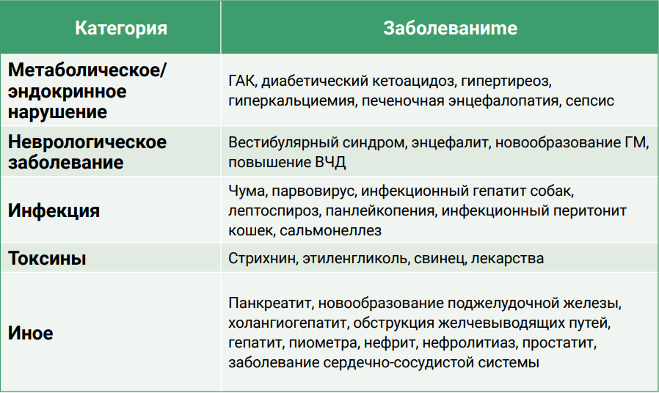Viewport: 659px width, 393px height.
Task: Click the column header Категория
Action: [x=121, y=29]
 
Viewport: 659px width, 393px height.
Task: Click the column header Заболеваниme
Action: [x=450, y=28]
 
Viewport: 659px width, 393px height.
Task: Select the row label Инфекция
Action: [x=54, y=210]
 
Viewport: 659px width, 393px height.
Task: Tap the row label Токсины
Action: [x=47, y=258]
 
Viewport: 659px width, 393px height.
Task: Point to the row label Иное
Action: [x=31, y=333]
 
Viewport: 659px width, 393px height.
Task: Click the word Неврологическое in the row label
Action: [x=87, y=142]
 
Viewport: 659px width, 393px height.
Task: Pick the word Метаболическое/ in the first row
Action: [x=87, y=70]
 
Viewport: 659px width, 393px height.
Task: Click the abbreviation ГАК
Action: [x=241, y=81]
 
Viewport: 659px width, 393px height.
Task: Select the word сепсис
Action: [x=590, y=100]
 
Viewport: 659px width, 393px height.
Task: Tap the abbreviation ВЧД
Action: [x=330, y=163]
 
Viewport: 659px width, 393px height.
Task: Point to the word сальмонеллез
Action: [x=330, y=230]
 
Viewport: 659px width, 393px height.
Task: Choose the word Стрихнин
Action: [x=262, y=258]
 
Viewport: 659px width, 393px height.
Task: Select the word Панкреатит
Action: [x=270, y=303]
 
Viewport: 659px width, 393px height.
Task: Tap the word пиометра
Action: [x=324, y=343]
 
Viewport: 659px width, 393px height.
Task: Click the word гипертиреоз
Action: [x=506, y=81]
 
